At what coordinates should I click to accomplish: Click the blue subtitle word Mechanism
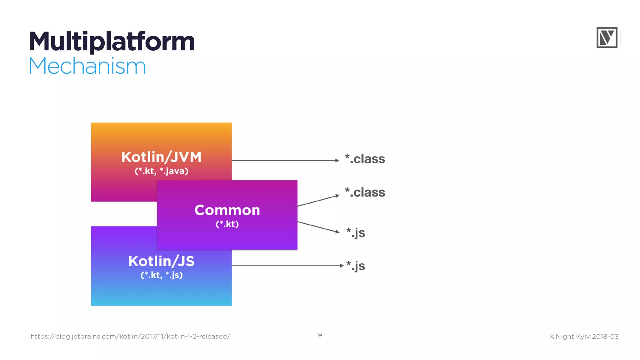[87, 66]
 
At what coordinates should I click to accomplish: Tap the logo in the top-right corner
[607, 37]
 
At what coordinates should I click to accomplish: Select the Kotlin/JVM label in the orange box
[161, 157]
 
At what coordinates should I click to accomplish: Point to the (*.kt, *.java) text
[161, 171]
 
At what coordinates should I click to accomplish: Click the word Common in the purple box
[227, 210]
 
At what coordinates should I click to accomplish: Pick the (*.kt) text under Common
[227, 224]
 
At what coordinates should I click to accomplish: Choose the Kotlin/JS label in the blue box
[161, 261]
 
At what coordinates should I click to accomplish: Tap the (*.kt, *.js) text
[161, 275]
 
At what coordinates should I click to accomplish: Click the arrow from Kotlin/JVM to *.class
[285, 160]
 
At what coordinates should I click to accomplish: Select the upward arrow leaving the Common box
[318, 201]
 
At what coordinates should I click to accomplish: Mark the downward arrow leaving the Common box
[318, 227]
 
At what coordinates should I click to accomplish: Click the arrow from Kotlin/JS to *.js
[287, 266]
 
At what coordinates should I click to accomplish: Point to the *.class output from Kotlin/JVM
[365, 159]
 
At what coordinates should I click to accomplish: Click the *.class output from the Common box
[365, 192]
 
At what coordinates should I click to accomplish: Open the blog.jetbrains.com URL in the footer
[130, 337]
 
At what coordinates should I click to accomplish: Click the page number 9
[320, 335]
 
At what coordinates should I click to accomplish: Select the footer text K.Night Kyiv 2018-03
[584, 337]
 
